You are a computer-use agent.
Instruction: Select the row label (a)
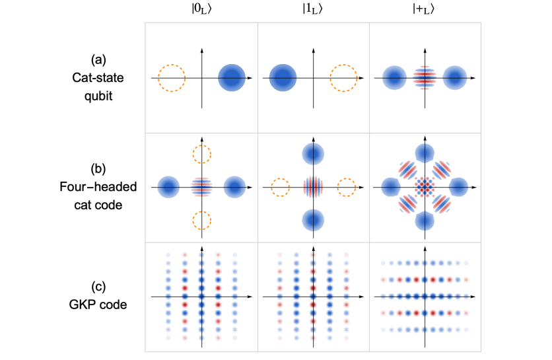pos(98,61)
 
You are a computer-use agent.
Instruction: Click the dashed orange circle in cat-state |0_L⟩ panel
pos(171,78)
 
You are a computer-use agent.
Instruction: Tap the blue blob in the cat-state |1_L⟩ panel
pos(283,78)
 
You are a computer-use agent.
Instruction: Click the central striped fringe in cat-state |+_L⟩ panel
pos(425,78)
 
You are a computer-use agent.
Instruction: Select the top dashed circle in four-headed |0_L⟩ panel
pos(201,154)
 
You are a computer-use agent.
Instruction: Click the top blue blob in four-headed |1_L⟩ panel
pos(313,154)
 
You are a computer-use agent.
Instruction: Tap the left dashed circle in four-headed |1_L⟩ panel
pos(281,187)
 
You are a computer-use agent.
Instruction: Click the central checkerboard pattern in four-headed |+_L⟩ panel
pos(425,187)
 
